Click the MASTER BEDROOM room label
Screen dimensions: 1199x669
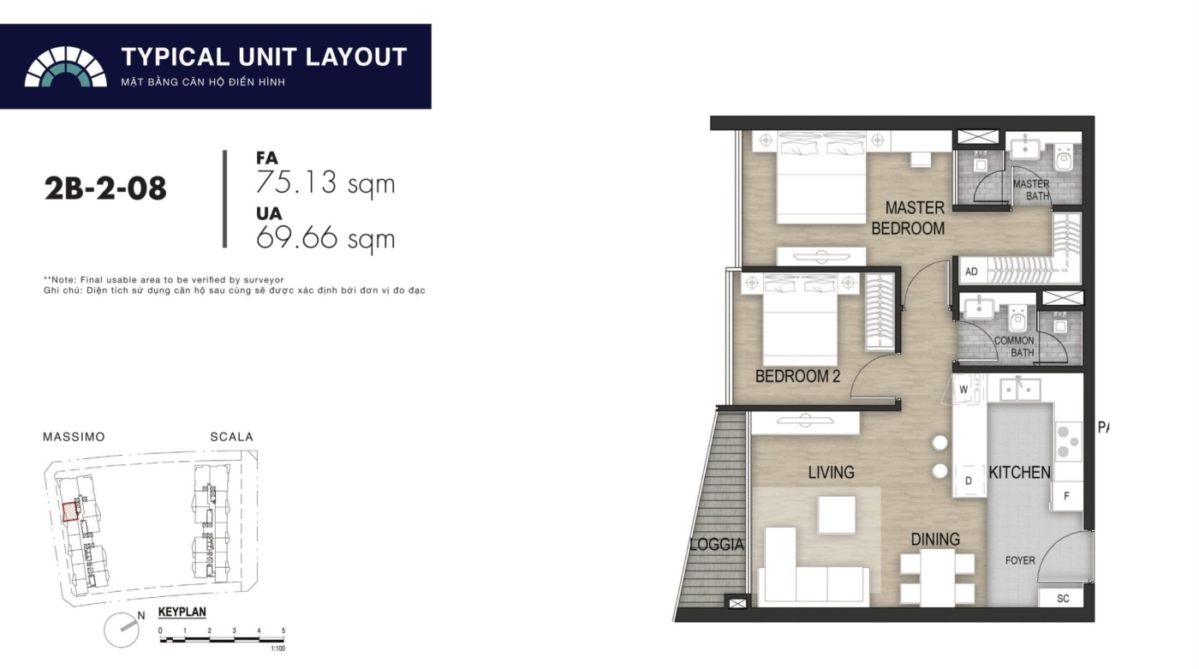pyautogui.click(x=908, y=218)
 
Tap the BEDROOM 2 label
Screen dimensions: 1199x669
pyautogui.click(x=797, y=376)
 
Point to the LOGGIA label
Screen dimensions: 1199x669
pyautogui.click(x=716, y=545)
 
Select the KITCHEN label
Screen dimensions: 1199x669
pyautogui.click(x=1019, y=473)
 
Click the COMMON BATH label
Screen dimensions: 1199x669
pyautogui.click(x=1014, y=347)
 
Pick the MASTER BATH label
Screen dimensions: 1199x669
pyautogui.click(x=1031, y=190)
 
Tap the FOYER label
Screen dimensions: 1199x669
pyautogui.click(x=1020, y=560)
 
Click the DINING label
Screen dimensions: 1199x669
pyautogui.click(x=935, y=539)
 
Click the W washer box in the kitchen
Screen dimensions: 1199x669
pyautogui.click(x=963, y=390)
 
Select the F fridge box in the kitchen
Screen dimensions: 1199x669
pyautogui.click(x=1067, y=496)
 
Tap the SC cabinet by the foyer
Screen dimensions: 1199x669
pyautogui.click(x=1063, y=599)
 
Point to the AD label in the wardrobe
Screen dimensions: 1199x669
pyautogui.click(x=971, y=272)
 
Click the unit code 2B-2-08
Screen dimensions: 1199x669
pyautogui.click(x=105, y=188)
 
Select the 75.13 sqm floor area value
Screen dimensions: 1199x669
pyautogui.click(x=325, y=182)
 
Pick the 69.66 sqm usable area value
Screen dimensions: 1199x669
pyautogui.click(x=325, y=237)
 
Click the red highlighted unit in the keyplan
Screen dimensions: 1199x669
pyautogui.click(x=70, y=512)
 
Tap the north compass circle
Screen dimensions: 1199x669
pyautogui.click(x=122, y=630)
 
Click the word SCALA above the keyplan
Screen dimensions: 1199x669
pyautogui.click(x=232, y=437)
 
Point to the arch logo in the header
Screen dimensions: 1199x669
pyautogui.click(x=65, y=67)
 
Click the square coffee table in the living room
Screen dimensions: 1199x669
pyautogui.click(x=837, y=514)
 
